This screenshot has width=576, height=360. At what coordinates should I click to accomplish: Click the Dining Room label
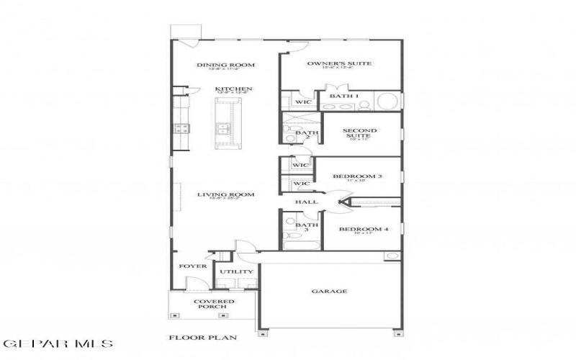226,65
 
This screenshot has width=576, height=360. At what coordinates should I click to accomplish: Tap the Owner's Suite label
339,63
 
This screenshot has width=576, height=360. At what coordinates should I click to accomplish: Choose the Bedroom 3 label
357,176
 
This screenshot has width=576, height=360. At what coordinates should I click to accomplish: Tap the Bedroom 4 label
364,230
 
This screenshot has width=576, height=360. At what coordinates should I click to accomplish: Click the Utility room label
236,271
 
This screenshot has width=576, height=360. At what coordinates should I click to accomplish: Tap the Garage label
329,292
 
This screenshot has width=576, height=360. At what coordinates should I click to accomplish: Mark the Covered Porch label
210,304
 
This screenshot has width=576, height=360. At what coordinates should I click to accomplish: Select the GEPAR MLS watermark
57,344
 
